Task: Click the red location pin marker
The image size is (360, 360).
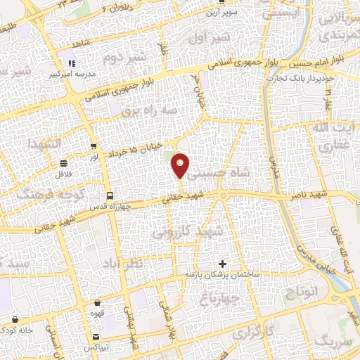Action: click(x=180, y=165)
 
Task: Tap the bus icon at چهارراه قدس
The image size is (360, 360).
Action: click(x=109, y=195)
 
